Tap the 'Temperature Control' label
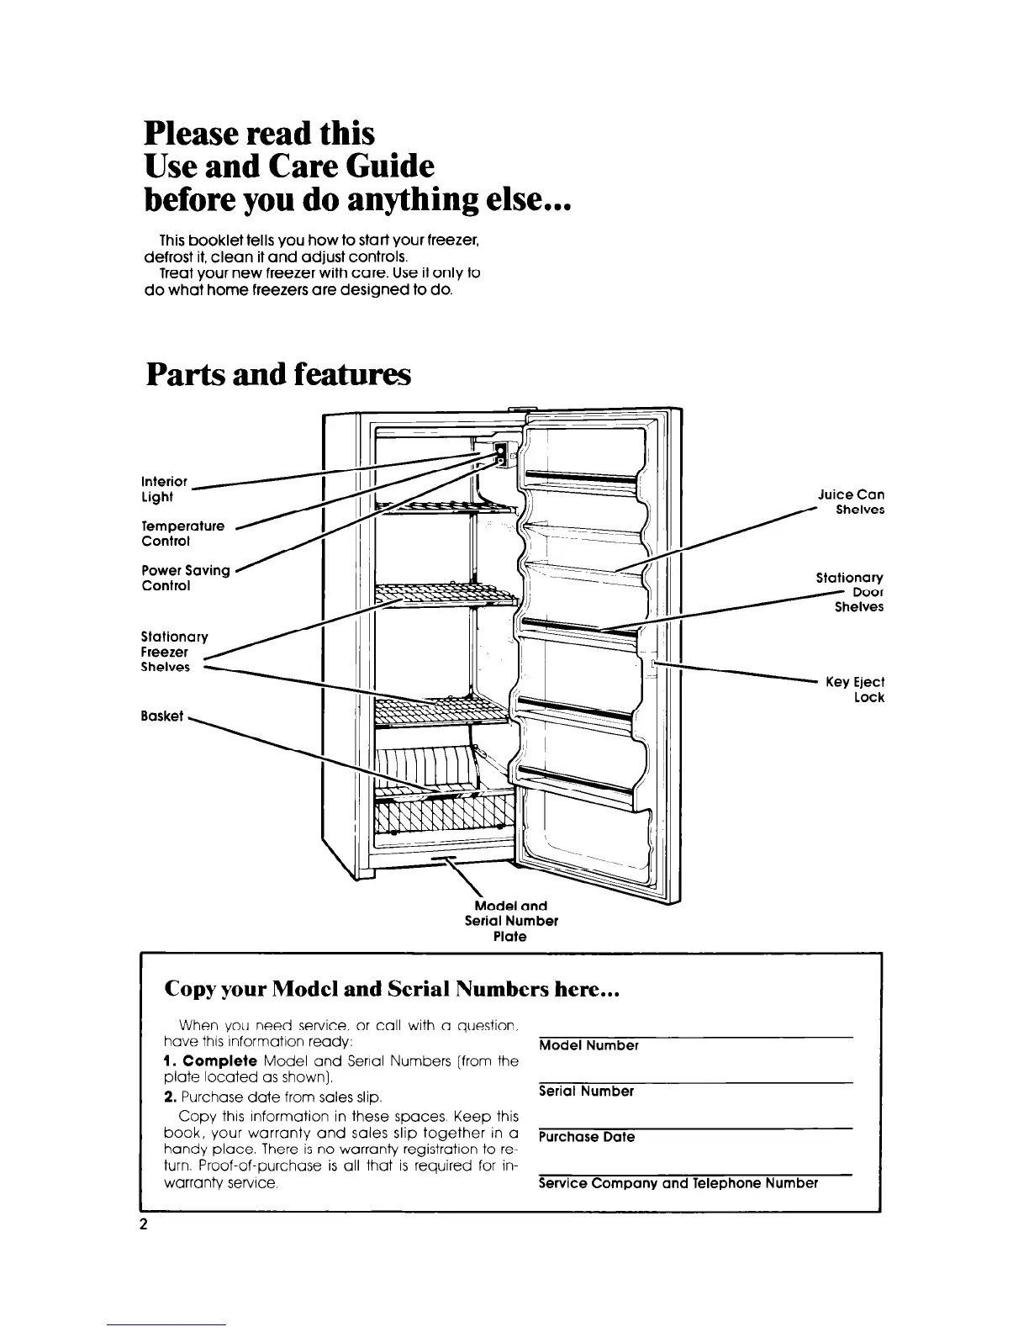pyautogui.click(x=183, y=533)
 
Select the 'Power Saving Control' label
pyautogui.click(x=186, y=578)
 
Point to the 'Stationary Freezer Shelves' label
pyautogui.click(x=174, y=652)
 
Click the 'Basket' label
pyautogui.click(x=162, y=716)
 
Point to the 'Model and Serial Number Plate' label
pyautogui.click(x=511, y=921)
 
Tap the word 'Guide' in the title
pyautogui.click(x=387, y=166)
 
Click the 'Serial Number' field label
pyautogui.click(x=586, y=1091)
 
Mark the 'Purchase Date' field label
pyautogui.click(x=587, y=1137)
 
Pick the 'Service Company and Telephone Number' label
pyautogui.click(x=678, y=1183)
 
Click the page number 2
pyautogui.click(x=144, y=1224)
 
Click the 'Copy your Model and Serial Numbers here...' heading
pyautogui.click(x=392, y=990)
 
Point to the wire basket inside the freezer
pyautogui.click(x=444, y=811)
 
